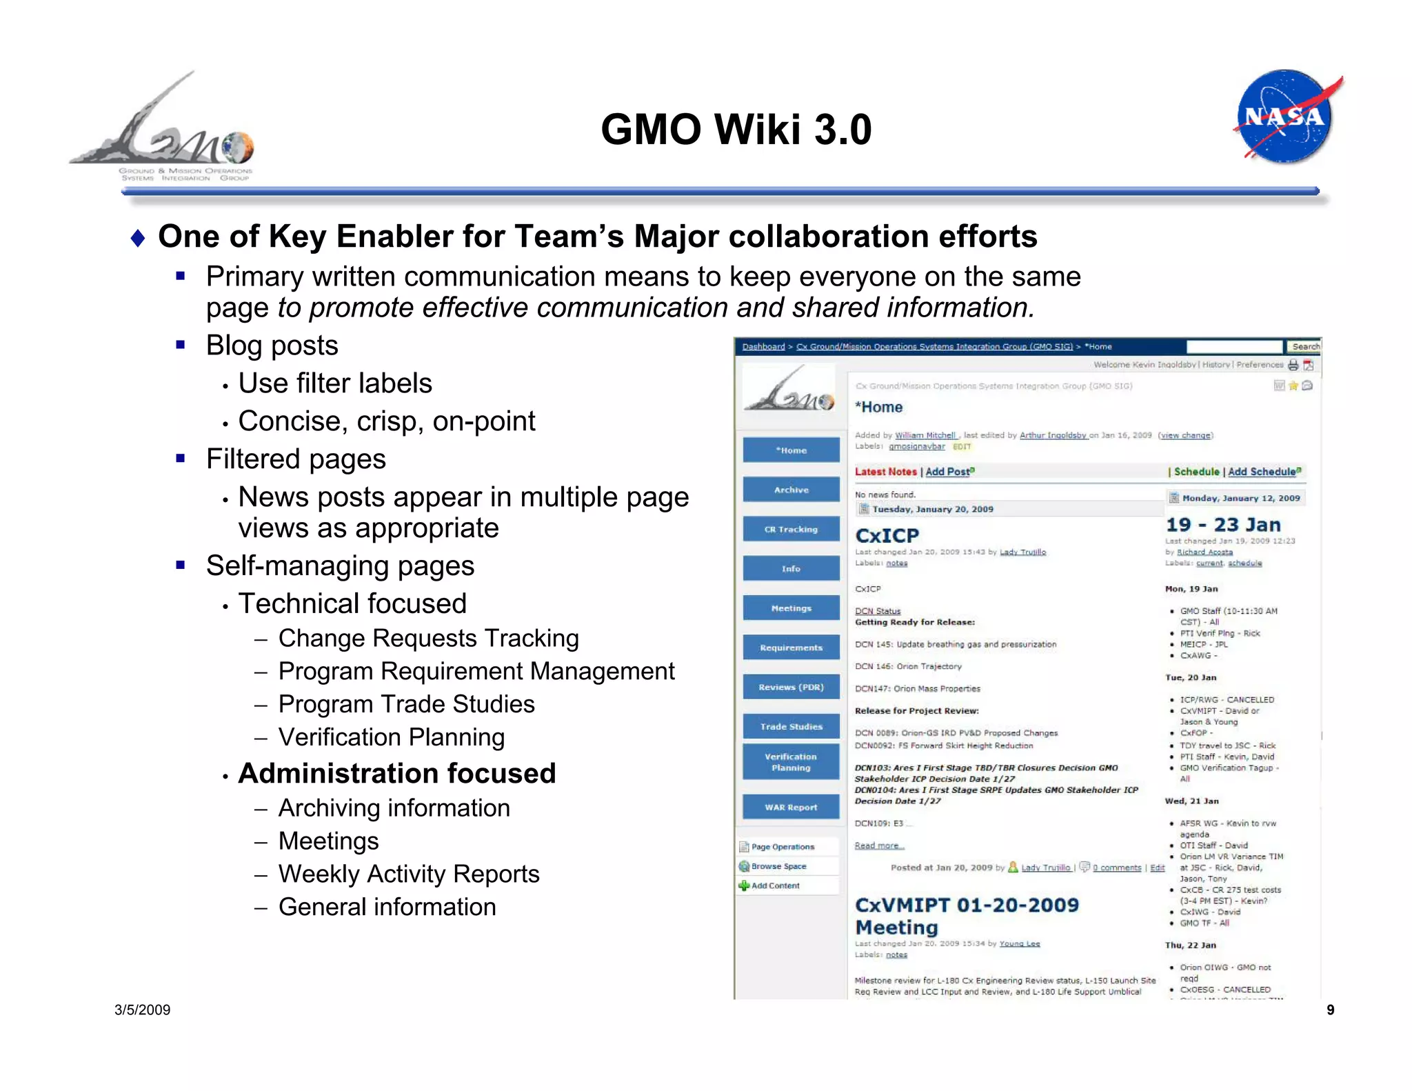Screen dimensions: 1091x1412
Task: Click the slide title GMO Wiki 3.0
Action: [736, 129]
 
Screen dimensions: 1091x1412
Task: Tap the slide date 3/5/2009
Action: [142, 1010]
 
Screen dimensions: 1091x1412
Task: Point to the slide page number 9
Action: [1330, 1010]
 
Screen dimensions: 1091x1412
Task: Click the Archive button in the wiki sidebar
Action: [791, 490]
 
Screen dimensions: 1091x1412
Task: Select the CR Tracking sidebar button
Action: [791, 529]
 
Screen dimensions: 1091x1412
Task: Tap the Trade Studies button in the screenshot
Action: [791, 726]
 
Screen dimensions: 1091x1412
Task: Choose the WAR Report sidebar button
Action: [791, 807]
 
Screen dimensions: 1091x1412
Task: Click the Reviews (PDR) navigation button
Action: [791, 687]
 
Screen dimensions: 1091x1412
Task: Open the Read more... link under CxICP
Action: [879, 845]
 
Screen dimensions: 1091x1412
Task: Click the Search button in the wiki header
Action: [1305, 346]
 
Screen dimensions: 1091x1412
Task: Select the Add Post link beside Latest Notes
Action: [949, 472]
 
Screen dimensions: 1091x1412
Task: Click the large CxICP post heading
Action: [887, 535]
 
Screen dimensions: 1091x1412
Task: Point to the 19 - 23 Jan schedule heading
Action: [1222, 525]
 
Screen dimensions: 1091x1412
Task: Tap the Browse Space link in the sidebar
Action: [778, 866]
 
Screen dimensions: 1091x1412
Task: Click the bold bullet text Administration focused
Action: [396, 773]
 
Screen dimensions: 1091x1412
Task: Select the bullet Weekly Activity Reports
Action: [408, 874]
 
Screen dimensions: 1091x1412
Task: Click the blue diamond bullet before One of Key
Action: [138, 239]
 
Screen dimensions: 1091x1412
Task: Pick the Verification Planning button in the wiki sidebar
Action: [791, 762]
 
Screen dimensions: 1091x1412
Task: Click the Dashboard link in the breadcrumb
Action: [763, 346]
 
